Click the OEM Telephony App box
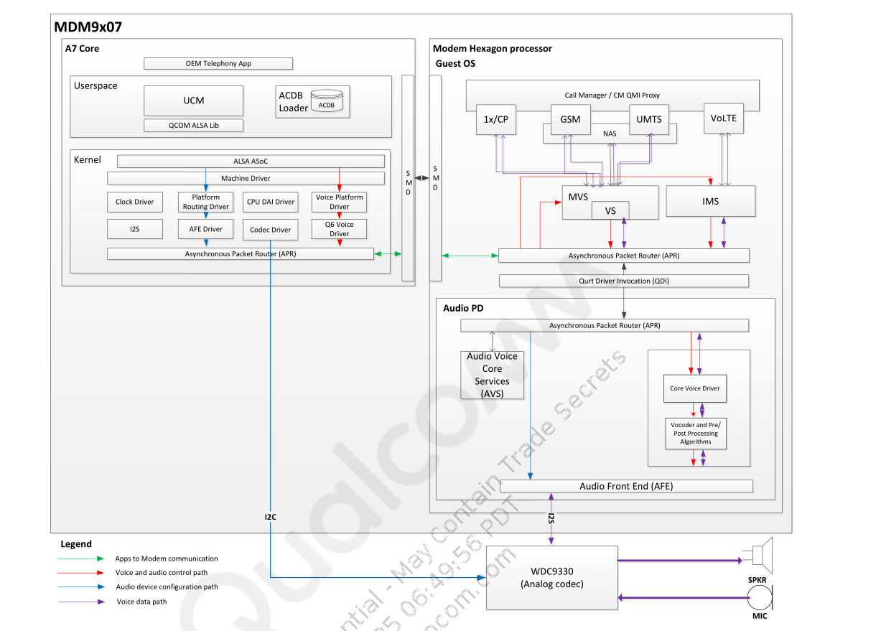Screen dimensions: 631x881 pyautogui.click(x=218, y=64)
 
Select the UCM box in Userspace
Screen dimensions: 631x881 pyautogui.click(x=193, y=101)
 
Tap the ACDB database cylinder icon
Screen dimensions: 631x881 pyautogui.click(x=326, y=103)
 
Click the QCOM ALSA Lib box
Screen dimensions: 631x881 pyautogui.click(x=193, y=126)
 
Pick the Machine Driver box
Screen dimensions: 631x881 pyautogui.click(x=246, y=178)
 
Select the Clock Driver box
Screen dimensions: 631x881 pyautogui.click(x=134, y=202)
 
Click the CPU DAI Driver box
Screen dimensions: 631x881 pyautogui.click(x=271, y=202)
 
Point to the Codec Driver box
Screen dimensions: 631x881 pyautogui.click(x=271, y=230)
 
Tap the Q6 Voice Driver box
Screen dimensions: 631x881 pyautogui.click(x=340, y=229)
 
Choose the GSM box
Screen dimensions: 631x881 pyautogui.click(x=570, y=119)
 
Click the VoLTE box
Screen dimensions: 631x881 pyautogui.click(x=723, y=118)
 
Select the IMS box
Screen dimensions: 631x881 pyautogui.click(x=710, y=202)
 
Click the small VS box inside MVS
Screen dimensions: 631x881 pyautogui.click(x=610, y=211)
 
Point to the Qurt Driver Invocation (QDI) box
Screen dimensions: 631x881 pyautogui.click(x=623, y=281)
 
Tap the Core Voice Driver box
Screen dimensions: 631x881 pyautogui.click(x=694, y=389)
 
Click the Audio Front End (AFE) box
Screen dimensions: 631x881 pyautogui.click(x=626, y=486)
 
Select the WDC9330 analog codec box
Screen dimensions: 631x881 pyautogui.click(x=551, y=577)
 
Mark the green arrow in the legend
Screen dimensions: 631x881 pyautogui.click(x=80, y=558)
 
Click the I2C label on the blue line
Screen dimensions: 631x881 pyautogui.click(x=270, y=516)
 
